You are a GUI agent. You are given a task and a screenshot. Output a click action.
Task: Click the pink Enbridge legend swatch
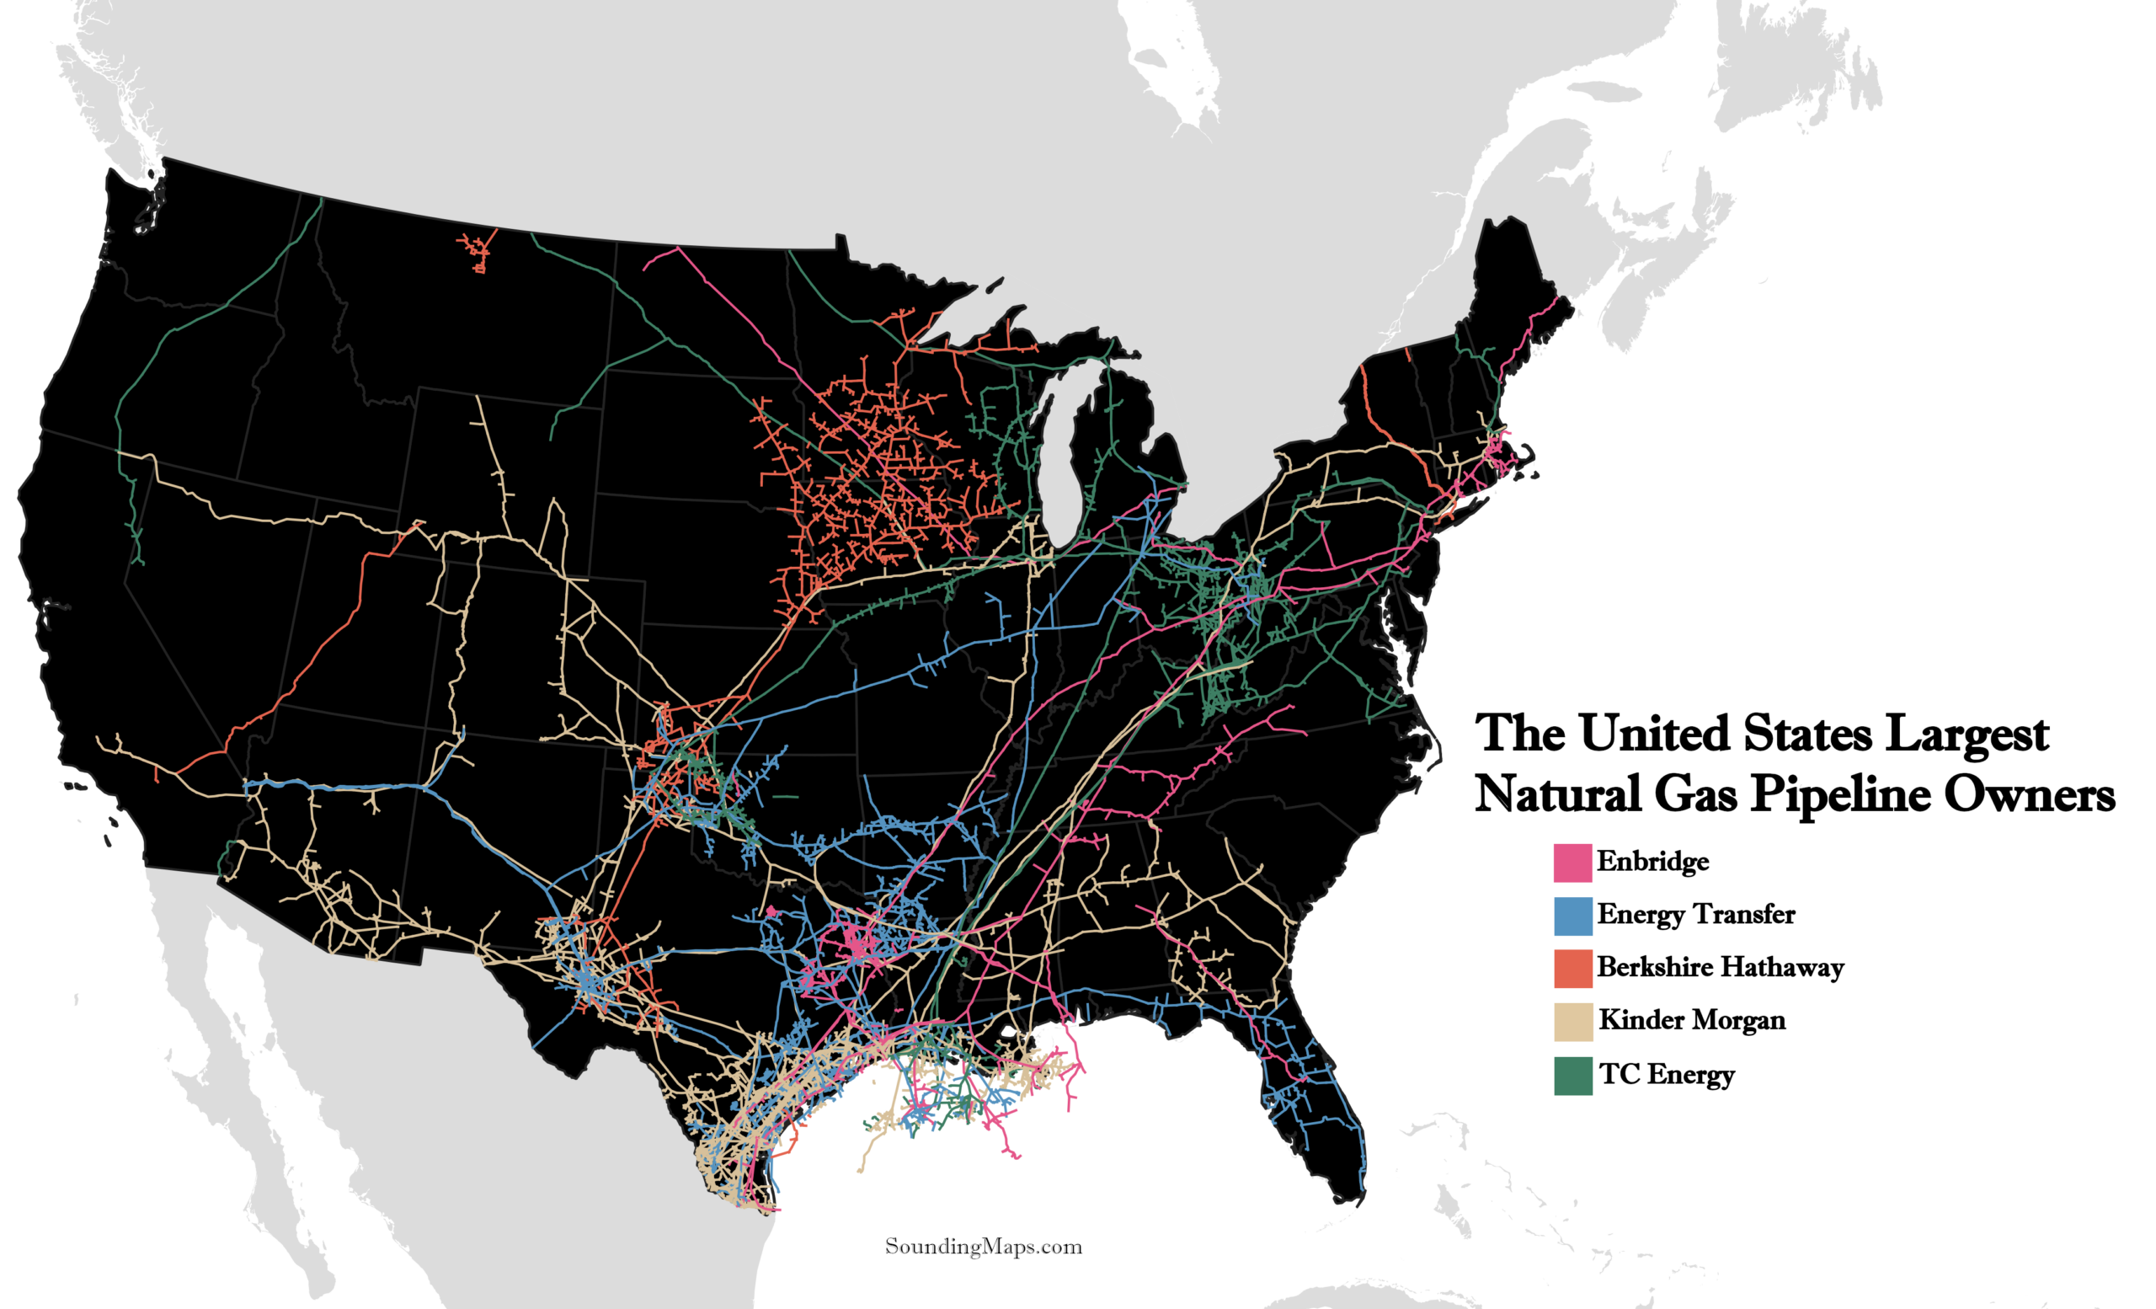(1572, 862)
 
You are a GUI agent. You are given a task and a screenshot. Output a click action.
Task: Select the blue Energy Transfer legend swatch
(1572, 916)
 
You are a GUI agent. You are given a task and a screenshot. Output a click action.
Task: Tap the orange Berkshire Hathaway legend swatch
(1572, 968)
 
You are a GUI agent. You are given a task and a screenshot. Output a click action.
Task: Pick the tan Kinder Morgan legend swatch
(1572, 1022)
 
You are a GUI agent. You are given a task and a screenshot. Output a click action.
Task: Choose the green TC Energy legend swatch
(1572, 1076)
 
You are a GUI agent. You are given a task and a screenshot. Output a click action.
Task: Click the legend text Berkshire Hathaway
(1720, 967)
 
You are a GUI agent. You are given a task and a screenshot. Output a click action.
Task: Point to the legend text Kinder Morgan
(1691, 1020)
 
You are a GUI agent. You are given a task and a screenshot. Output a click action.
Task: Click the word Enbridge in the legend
(1652, 861)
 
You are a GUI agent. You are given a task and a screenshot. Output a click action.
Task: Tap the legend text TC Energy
(1666, 1074)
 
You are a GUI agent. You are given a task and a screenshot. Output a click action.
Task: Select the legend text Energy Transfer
(1694, 915)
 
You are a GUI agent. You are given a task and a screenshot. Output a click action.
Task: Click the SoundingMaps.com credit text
(984, 1246)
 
